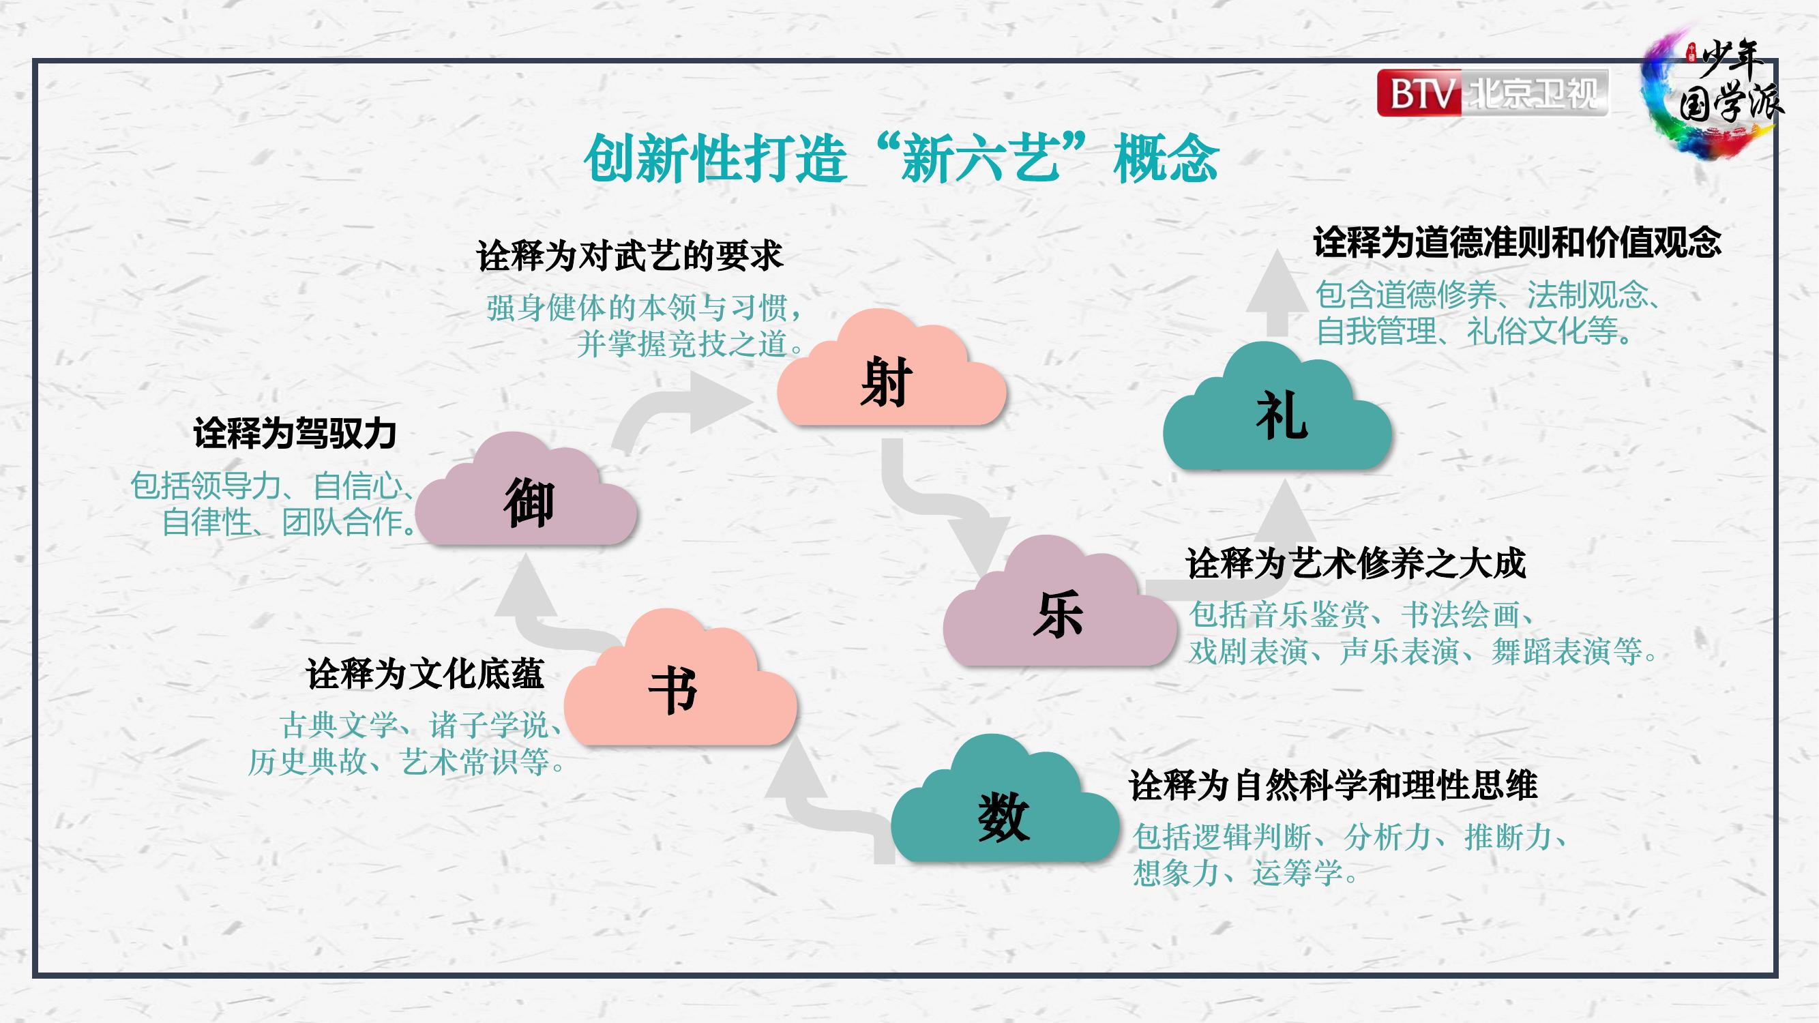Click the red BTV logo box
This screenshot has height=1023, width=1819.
coord(1419,93)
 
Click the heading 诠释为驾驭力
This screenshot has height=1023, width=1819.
coord(295,433)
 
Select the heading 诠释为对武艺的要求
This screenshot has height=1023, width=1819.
coord(630,255)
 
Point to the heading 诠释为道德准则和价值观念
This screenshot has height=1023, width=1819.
coord(1517,242)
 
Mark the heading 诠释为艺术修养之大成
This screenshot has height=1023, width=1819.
coord(1356,563)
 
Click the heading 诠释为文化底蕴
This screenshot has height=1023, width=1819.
coord(425,674)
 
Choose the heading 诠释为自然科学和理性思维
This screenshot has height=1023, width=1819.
coord(1333,785)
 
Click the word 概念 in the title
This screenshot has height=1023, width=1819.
coord(1166,158)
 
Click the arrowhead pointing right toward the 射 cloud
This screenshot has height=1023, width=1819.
coord(720,402)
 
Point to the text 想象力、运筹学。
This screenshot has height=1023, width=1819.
coord(1245,874)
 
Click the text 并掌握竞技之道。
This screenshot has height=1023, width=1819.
coord(690,344)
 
